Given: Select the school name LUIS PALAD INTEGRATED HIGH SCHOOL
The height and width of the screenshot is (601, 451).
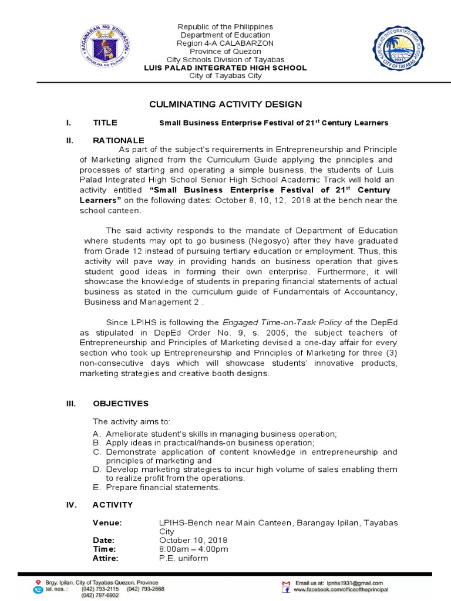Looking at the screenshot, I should click(x=225, y=68).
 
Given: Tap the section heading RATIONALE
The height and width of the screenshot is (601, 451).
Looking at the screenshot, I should click(x=118, y=140).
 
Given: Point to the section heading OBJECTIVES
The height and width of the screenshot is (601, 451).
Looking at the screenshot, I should click(x=120, y=404).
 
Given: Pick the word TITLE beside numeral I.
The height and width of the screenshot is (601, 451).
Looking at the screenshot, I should click(x=105, y=123).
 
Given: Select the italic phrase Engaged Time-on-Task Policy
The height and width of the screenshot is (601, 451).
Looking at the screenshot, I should click(x=280, y=322).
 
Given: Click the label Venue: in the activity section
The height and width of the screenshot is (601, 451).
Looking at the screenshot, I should click(x=107, y=522).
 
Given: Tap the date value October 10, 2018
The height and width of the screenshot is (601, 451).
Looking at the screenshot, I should click(x=193, y=540).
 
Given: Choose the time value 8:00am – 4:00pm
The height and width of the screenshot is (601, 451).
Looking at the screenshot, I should click(x=193, y=549).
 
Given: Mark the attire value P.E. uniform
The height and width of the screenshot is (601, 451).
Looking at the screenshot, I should click(x=184, y=558).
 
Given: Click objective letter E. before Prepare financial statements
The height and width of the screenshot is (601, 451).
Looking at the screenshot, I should click(x=96, y=487).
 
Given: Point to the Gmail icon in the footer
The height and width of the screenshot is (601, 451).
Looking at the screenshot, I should click(x=286, y=582).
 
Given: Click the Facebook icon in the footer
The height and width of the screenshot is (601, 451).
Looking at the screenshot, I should click(x=286, y=589).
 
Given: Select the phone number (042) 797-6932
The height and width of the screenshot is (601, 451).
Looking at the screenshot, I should click(x=100, y=595).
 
